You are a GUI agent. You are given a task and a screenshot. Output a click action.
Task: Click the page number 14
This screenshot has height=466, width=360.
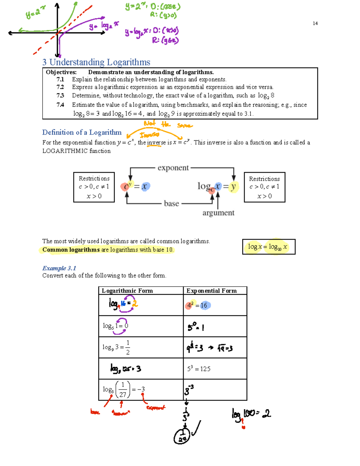click(315, 23)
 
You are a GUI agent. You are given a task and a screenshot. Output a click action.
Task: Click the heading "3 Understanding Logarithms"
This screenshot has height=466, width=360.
click(96, 62)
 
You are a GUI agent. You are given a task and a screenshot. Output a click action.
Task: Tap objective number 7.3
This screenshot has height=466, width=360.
click(60, 95)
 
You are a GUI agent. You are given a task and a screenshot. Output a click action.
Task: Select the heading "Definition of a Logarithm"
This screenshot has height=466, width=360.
click(82, 132)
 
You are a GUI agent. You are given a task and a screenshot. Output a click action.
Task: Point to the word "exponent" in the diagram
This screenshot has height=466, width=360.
click(173, 168)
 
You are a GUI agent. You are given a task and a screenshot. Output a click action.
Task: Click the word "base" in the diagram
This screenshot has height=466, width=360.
click(171, 204)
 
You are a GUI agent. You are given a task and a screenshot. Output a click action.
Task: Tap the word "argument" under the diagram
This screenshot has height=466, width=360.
click(218, 213)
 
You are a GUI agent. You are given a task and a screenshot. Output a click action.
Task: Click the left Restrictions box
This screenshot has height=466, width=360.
click(94, 187)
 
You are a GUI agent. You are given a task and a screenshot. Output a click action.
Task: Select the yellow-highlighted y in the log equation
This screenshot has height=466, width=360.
click(233, 187)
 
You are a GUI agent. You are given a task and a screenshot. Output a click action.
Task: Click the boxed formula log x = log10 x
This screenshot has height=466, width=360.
click(268, 247)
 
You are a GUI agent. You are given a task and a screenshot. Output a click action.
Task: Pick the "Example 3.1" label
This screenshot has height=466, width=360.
click(59, 268)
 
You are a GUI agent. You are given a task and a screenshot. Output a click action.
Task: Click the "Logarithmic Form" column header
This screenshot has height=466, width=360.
click(127, 290)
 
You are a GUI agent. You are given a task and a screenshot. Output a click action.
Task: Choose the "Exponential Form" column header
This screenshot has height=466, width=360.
click(211, 290)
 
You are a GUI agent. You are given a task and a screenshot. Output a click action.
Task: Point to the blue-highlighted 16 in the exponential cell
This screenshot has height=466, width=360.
click(204, 305)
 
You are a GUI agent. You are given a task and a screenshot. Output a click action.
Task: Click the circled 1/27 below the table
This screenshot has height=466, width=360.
click(182, 437)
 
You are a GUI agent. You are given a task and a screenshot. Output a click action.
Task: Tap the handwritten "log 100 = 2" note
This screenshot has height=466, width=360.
click(251, 414)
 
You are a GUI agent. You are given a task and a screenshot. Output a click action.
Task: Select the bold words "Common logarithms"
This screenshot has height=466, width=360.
click(71, 250)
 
